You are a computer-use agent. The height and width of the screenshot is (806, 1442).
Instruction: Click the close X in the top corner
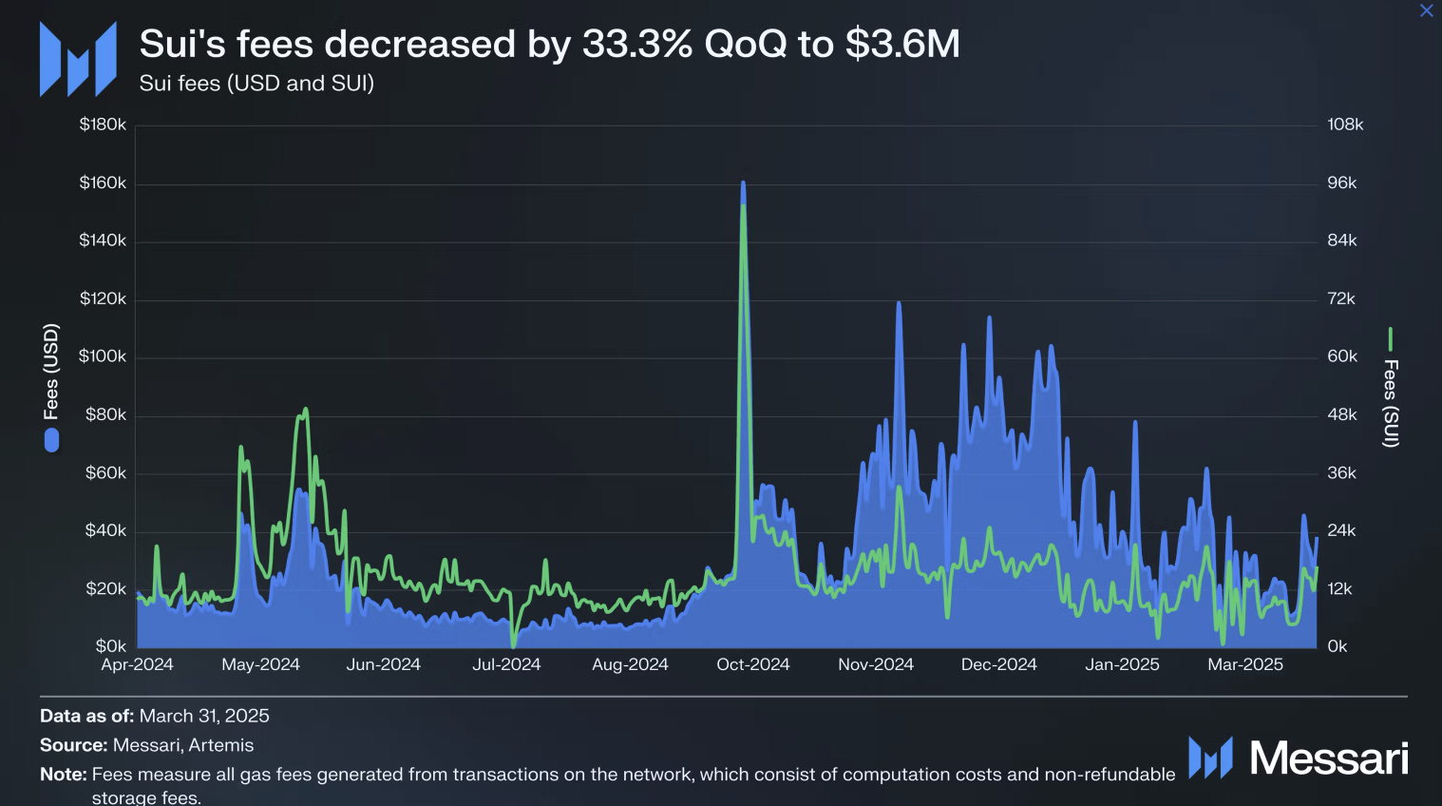coord(1426,10)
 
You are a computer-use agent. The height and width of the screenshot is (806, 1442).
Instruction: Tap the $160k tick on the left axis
coord(103,182)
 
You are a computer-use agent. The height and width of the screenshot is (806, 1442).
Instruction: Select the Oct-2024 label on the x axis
coord(752,664)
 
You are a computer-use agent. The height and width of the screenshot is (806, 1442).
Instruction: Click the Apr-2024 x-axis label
coord(137,664)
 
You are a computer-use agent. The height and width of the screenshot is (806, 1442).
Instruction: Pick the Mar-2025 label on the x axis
coord(1244,664)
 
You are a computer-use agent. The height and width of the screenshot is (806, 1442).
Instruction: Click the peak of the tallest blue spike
coord(743,183)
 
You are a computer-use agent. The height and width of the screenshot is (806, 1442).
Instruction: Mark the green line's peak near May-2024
coord(305,410)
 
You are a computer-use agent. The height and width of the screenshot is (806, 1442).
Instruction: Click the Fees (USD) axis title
coord(51,371)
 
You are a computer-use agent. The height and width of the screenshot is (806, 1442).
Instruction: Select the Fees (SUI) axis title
coord(1390,403)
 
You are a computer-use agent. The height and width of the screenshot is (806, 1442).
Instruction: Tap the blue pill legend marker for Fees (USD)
coord(51,440)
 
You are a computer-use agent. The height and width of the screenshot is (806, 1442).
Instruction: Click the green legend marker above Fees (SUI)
coord(1390,339)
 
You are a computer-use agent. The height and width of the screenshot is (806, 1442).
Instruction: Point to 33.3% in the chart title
coord(637,44)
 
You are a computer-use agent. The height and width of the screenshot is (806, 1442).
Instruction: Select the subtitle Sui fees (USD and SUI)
coord(256,84)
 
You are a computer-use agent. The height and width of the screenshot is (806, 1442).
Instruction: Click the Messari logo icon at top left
coord(78,59)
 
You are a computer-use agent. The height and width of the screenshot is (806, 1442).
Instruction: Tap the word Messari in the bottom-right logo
coord(1328,758)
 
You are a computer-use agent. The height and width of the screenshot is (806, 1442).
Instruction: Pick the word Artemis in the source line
coord(221,745)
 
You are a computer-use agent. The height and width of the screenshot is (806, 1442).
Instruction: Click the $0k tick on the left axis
coord(110,646)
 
